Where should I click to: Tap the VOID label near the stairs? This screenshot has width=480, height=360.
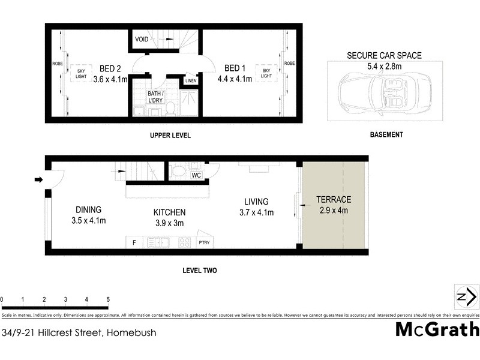(142, 40)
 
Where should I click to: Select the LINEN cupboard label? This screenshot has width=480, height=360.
(191, 80)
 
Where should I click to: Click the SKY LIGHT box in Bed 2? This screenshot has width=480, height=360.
(81, 74)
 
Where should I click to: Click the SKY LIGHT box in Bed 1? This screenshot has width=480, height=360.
(266, 74)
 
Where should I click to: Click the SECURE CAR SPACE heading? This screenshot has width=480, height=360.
(384, 55)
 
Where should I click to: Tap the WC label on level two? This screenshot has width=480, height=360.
(196, 175)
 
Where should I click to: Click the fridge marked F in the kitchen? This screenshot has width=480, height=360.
(133, 243)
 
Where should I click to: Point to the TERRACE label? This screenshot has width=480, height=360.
(333, 200)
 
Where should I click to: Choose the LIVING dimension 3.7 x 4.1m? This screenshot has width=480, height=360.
(256, 212)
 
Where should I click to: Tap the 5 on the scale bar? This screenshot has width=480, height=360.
(108, 299)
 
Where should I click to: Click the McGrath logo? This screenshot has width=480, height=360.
(437, 329)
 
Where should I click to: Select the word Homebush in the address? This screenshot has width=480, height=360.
(131, 332)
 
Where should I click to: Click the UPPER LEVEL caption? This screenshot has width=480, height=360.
(170, 136)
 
